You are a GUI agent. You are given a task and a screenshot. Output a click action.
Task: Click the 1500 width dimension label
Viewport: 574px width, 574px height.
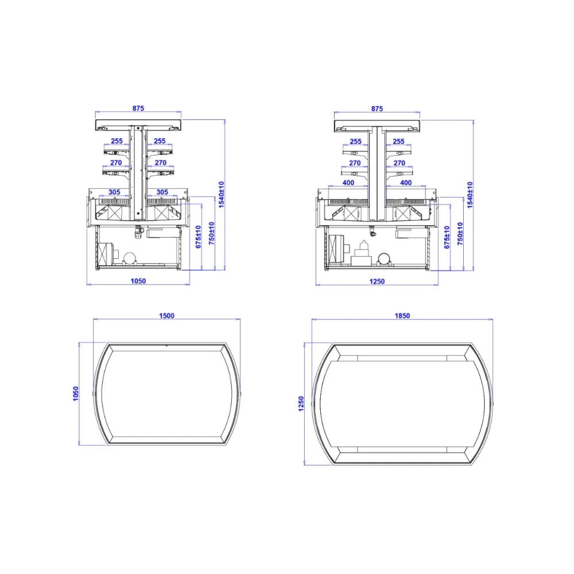pyautogui.click(x=166, y=316)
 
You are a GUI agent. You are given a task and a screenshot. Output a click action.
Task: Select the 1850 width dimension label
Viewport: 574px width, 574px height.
pyautogui.click(x=402, y=316)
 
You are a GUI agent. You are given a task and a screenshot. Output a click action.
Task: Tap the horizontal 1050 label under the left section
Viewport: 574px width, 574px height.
pyautogui.click(x=138, y=281)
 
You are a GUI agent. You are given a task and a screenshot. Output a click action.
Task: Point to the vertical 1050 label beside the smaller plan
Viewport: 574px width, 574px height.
pyautogui.click(x=76, y=394)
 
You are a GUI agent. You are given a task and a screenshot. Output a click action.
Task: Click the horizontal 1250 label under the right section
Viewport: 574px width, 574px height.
pyautogui.click(x=377, y=281)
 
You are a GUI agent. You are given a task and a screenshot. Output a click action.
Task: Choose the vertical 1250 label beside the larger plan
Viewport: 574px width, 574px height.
pyautogui.click(x=301, y=404)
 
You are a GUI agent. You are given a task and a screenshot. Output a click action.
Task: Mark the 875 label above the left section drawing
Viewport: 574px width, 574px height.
pyautogui.click(x=138, y=108)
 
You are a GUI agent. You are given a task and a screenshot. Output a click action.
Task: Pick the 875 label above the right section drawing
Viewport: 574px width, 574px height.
pyautogui.click(x=377, y=108)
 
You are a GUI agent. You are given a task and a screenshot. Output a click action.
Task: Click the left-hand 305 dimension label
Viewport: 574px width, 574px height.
pyautogui.click(x=114, y=192)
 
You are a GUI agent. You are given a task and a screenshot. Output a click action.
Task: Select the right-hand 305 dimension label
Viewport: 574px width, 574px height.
pyautogui.click(x=162, y=192)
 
